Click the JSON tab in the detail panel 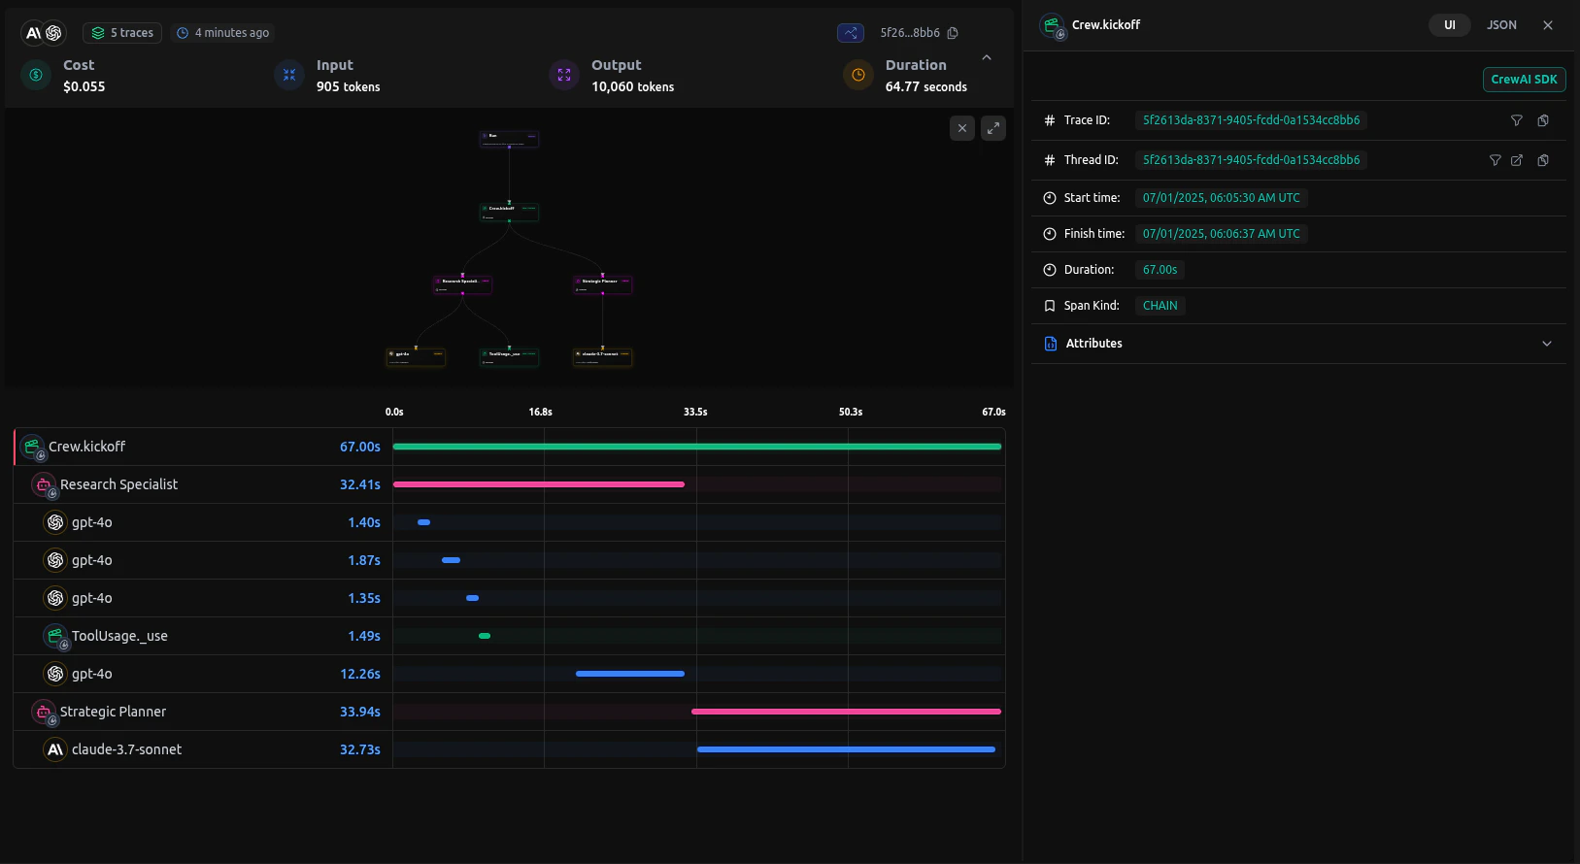(1501, 25)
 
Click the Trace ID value (1250, 120)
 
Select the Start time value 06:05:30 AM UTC (1221, 198)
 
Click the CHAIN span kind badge (1160, 306)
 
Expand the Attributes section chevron (1546, 344)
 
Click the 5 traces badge (123, 33)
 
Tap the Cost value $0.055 (84, 86)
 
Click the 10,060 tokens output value (632, 86)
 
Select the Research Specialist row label (118, 484)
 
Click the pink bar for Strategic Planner (845, 712)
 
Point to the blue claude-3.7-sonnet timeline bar (845, 749)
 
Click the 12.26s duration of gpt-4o (359, 674)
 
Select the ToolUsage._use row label (119, 636)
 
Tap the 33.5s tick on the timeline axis (695, 412)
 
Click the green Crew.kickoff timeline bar (696, 447)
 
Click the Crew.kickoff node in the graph (509, 212)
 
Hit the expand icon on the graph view (992, 128)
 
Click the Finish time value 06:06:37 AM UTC (1221, 234)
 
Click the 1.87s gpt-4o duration (363, 560)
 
